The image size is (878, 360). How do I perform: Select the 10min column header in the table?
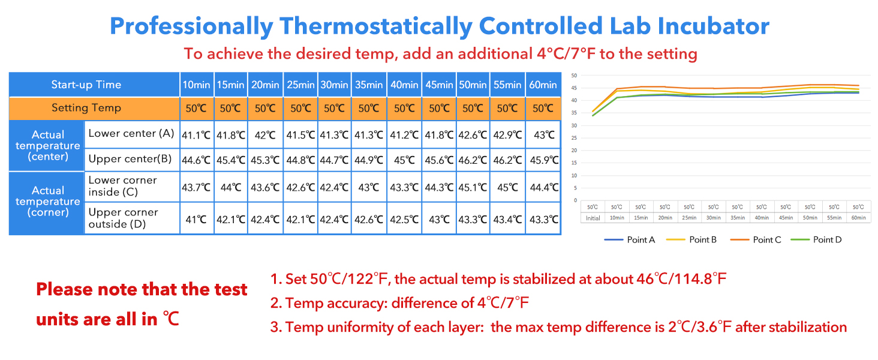(x=196, y=85)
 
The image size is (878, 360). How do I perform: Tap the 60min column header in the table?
(x=543, y=85)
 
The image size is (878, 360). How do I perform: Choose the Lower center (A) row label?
(x=131, y=133)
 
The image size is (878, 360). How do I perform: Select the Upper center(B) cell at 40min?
(x=404, y=160)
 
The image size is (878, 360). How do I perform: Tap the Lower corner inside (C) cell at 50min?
(x=473, y=187)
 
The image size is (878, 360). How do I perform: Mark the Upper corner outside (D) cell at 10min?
(x=196, y=220)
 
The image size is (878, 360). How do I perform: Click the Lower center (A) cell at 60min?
(x=543, y=135)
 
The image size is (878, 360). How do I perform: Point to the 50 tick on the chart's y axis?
(x=574, y=76)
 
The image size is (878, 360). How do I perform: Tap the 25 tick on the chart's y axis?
(x=574, y=138)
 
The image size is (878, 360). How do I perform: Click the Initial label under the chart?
(x=593, y=218)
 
